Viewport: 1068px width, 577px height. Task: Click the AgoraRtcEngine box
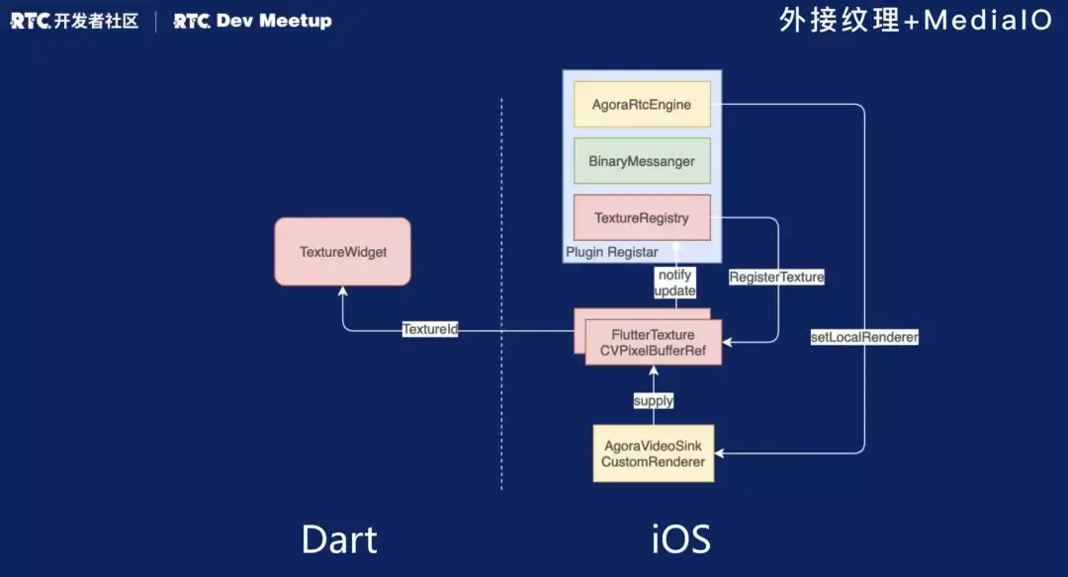[642, 104]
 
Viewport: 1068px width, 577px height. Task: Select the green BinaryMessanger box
[642, 161]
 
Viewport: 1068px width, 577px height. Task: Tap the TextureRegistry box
[642, 217]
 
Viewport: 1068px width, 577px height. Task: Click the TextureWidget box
[342, 252]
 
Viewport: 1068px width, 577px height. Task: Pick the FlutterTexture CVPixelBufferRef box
[653, 343]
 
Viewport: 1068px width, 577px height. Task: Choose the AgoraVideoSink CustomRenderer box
[653, 453]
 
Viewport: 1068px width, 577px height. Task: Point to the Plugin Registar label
[611, 253]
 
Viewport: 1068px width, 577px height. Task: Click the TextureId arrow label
[430, 329]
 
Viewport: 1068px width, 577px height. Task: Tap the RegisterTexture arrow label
[776, 278]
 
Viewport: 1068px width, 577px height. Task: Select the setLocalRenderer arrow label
[865, 338]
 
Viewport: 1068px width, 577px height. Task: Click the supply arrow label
[654, 400]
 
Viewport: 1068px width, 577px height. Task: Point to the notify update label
[676, 284]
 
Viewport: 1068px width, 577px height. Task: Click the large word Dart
[339, 539]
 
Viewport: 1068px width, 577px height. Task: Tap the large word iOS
[681, 539]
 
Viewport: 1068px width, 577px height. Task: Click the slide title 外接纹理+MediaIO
[915, 21]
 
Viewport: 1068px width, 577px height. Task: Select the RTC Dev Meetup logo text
[252, 21]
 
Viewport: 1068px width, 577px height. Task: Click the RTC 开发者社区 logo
[74, 21]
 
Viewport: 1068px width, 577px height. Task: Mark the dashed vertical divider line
[501, 296]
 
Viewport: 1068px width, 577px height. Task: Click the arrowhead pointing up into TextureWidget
[342, 291]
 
